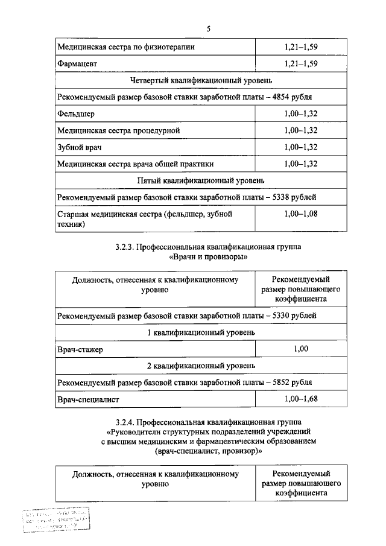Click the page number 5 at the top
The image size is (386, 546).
pyautogui.click(x=208, y=29)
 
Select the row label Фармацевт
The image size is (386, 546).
pyautogui.click(x=78, y=63)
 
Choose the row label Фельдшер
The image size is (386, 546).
pyautogui.click(x=75, y=113)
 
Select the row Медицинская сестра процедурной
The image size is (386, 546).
pyautogui.click(x=118, y=130)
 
